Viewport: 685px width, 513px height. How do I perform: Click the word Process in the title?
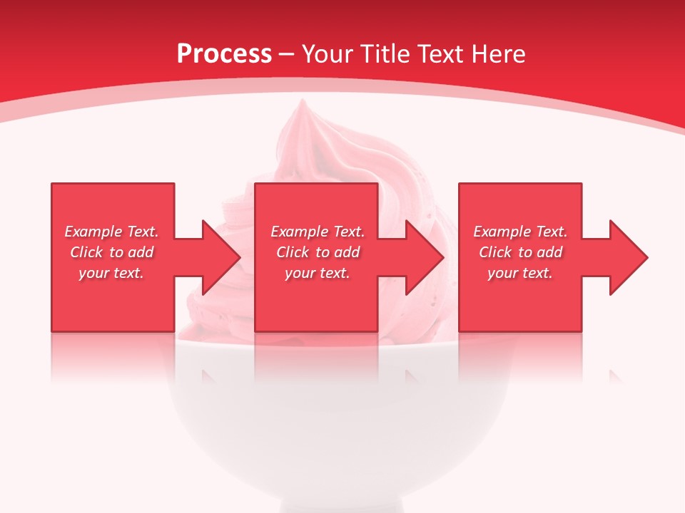(x=224, y=54)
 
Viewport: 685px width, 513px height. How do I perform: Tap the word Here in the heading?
(x=499, y=54)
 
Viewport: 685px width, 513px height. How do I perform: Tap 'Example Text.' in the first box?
(x=112, y=232)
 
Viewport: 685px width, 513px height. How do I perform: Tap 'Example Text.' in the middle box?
(x=318, y=232)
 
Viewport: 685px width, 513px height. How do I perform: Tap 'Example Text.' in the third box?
(x=520, y=232)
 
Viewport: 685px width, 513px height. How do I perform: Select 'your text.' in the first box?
(x=111, y=273)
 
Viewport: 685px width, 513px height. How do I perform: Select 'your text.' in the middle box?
(x=318, y=273)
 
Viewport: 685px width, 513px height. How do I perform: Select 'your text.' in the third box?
(x=520, y=273)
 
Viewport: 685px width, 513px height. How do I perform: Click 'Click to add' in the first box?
(x=112, y=252)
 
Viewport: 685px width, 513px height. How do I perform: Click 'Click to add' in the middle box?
(x=318, y=252)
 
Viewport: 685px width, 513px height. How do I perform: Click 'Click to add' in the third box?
(x=520, y=252)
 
